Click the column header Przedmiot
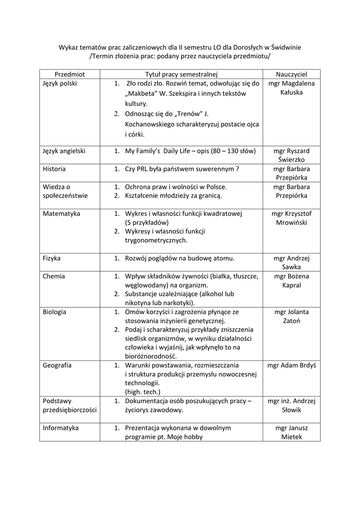click(70, 74)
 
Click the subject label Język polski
click(60, 84)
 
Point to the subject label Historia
click(54, 169)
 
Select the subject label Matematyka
click(62, 214)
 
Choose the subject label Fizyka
click(52, 258)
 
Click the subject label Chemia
click(54, 276)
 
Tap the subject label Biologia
click(55, 312)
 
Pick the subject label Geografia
click(57, 365)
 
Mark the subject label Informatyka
click(61, 427)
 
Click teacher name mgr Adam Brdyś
click(291, 365)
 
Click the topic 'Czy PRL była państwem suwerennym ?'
click(182, 169)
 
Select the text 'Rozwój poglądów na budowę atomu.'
click(180, 258)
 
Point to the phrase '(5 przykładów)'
click(147, 223)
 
